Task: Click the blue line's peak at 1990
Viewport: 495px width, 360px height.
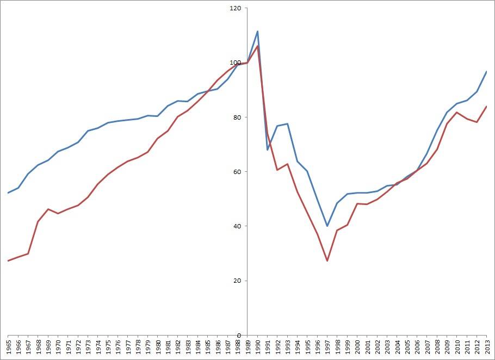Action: [257, 31]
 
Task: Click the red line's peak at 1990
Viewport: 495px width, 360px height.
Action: [257, 46]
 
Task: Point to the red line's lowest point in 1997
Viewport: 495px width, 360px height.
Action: [327, 261]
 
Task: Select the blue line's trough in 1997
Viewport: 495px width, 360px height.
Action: [327, 226]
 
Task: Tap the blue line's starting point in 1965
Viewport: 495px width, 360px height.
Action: [8, 193]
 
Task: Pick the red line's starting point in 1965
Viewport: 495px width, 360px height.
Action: [8, 260]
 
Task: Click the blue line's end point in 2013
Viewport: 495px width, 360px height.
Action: [486, 72]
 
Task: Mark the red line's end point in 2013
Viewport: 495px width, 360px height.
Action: [486, 107]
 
